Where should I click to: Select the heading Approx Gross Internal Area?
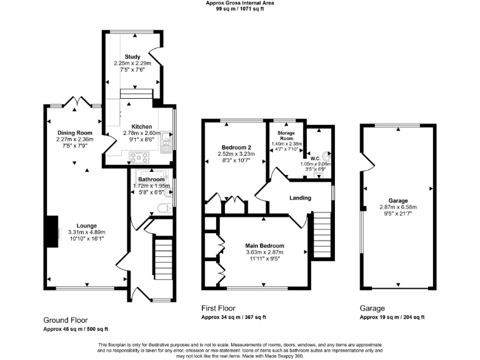pyautogui.click(x=240, y=3)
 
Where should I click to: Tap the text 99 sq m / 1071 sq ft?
pyautogui.click(x=240, y=9)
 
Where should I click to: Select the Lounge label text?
pyautogui.click(x=87, y=226)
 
